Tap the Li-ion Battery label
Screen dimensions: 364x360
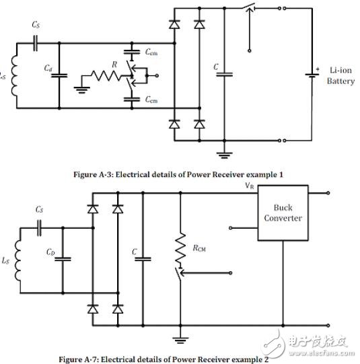click(x=340, y=76)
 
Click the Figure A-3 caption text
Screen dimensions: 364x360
click(x=178, y=174)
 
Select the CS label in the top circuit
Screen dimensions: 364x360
click(x=35, y=25)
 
